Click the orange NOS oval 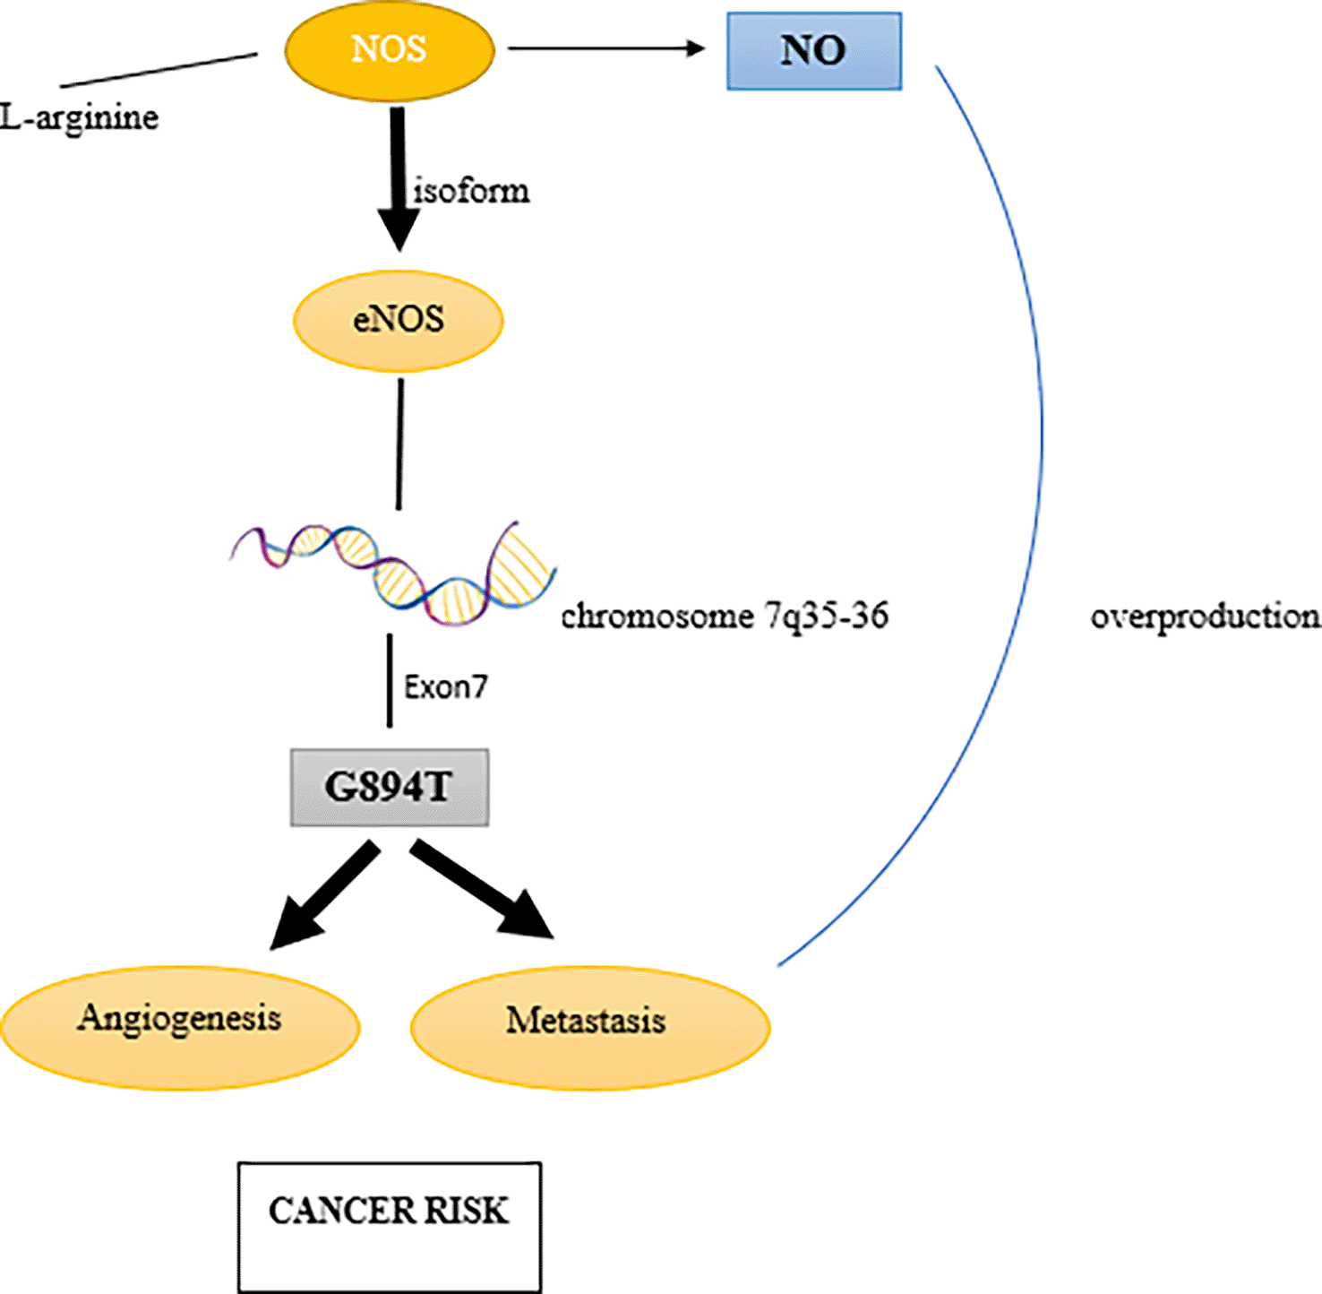[390, 50]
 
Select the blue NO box [813, 51]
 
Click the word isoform [471, 191]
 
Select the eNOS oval [399, 320]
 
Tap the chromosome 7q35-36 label [725, 617]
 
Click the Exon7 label [445, 687]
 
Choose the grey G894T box [390, 788]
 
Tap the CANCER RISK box [390, 1227]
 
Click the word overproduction [1205, 617]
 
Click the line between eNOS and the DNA [399, 444]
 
